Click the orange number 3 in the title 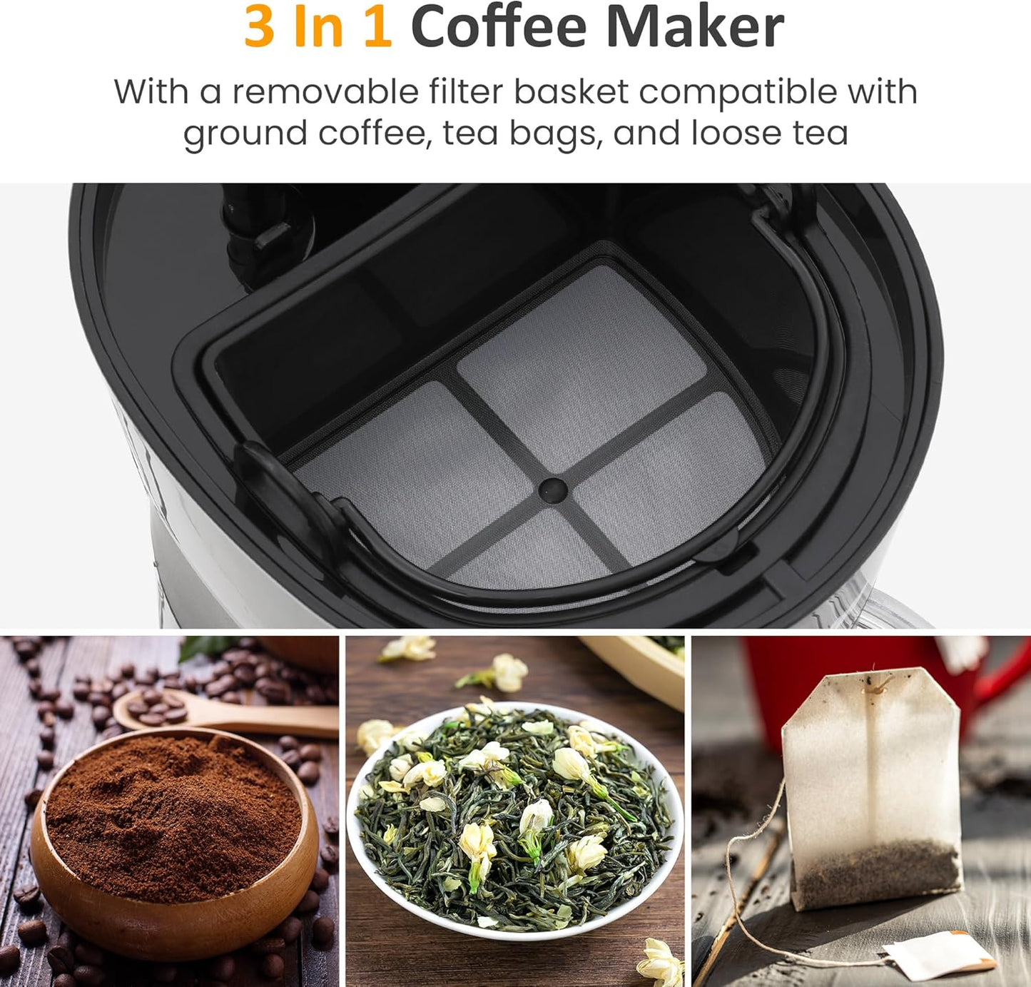[259, 27]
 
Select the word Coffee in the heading [498, 27]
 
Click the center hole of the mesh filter [552, 490]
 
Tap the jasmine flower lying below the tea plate [661, 960]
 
